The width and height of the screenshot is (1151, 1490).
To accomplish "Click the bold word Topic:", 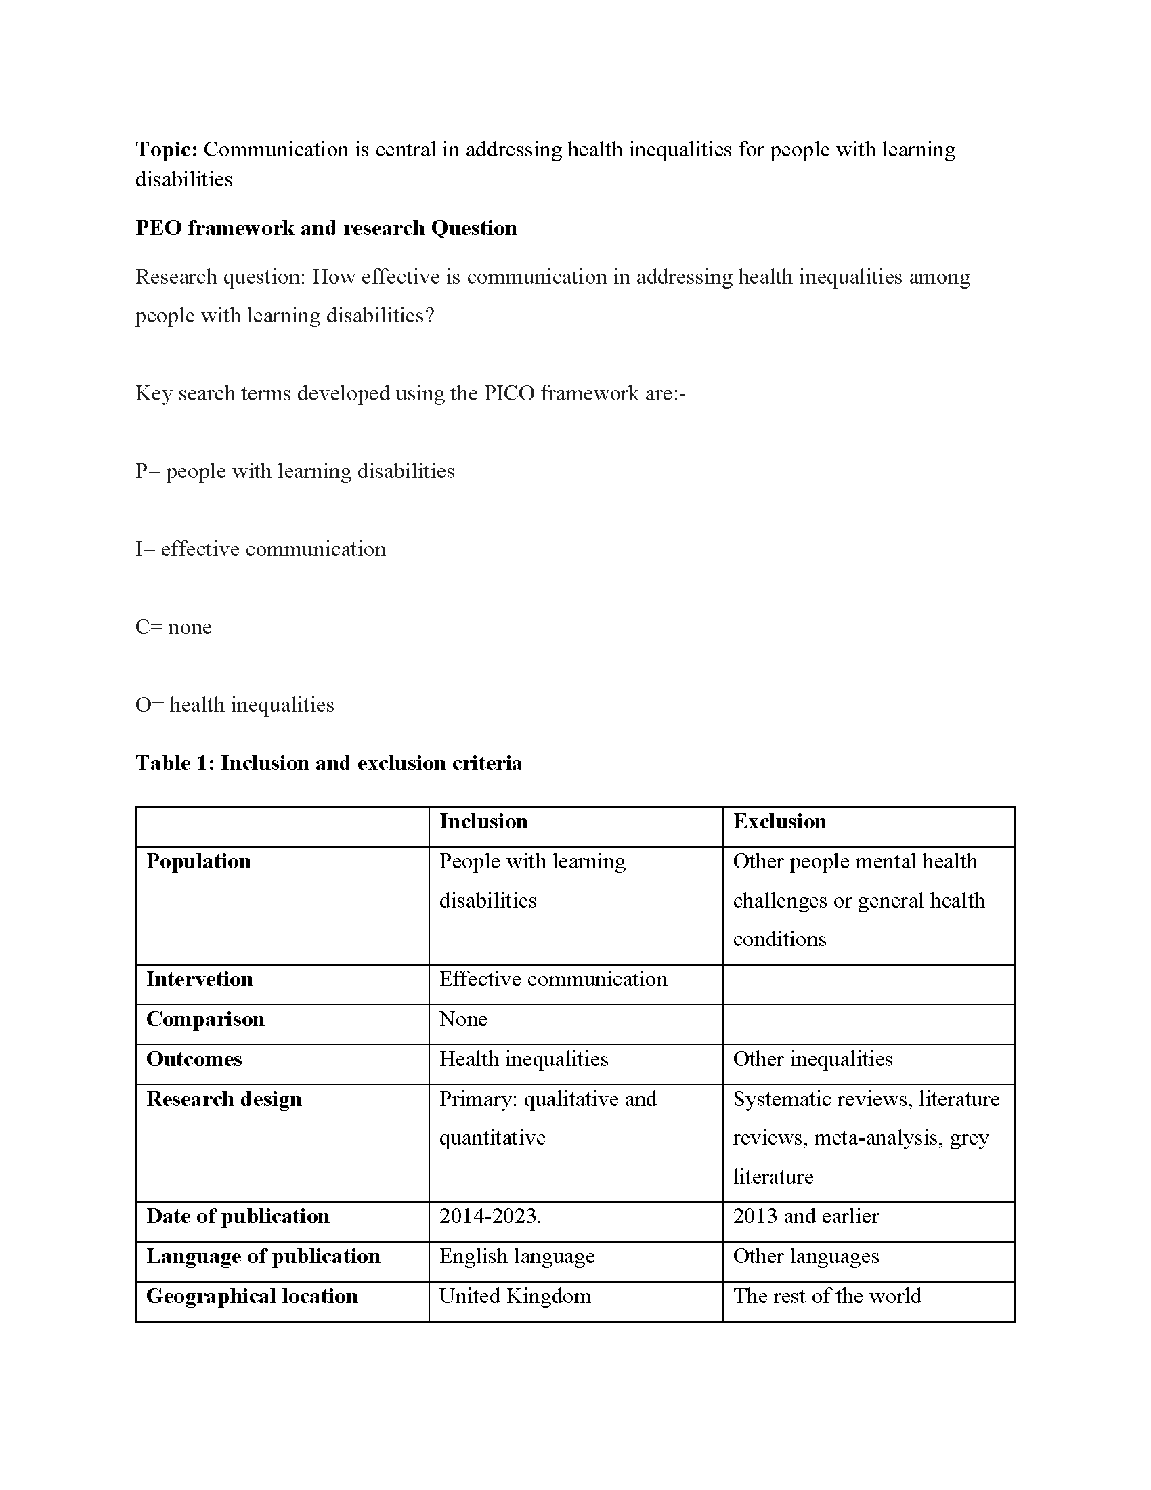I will click(166, 150).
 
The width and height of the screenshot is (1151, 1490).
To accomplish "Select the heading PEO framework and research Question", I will click(326, 228).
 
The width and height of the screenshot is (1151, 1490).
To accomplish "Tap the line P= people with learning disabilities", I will click(295, 471).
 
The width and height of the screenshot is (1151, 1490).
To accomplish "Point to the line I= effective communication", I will click(261, 549).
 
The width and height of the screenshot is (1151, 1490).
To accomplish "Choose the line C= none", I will click(173, 627).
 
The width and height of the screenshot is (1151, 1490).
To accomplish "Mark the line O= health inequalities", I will click(234, 705).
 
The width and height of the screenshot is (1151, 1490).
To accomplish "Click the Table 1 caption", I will click(328, 763).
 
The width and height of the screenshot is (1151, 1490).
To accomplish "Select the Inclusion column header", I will click(483, 822).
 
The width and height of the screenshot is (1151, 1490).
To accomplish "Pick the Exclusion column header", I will click(779, 822).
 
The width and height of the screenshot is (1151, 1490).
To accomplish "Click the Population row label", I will click(198, 861).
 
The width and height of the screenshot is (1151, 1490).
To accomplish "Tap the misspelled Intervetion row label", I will click(199, 980).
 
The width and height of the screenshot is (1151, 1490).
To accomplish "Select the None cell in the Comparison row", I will click(463, 1019).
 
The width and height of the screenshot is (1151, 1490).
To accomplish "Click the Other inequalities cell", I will click(812, 1059).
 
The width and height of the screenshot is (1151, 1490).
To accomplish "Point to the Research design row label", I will click(223, 1099).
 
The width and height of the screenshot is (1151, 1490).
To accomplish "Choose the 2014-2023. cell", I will click(490, 1216).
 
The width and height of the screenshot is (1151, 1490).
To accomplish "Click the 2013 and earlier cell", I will click(805, 1216).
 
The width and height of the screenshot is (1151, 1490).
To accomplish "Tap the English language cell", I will click(517, 1256).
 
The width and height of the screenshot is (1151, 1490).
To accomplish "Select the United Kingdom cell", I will click(515, 1296).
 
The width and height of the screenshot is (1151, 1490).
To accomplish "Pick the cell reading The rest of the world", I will click(827, 1296).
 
